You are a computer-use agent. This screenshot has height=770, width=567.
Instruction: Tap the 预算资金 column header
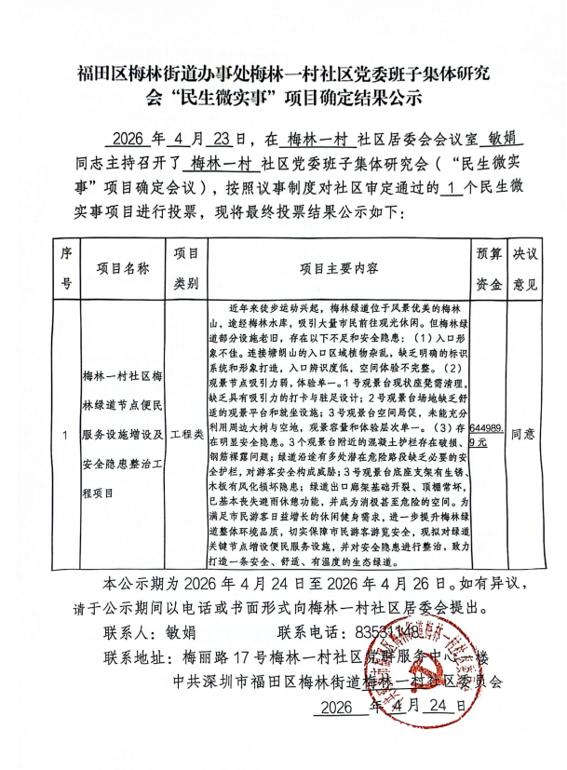489,268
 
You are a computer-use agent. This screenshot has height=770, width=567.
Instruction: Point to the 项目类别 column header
186,268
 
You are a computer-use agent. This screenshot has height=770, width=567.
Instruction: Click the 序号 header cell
65,268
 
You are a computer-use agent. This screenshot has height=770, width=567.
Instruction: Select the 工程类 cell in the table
186,434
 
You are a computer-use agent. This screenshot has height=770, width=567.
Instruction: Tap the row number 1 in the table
65,435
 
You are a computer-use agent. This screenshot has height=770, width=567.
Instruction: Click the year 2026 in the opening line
133,141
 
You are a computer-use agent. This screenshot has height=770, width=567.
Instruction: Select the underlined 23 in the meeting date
222,141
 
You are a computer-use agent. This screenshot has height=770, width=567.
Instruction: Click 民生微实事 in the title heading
224,96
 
